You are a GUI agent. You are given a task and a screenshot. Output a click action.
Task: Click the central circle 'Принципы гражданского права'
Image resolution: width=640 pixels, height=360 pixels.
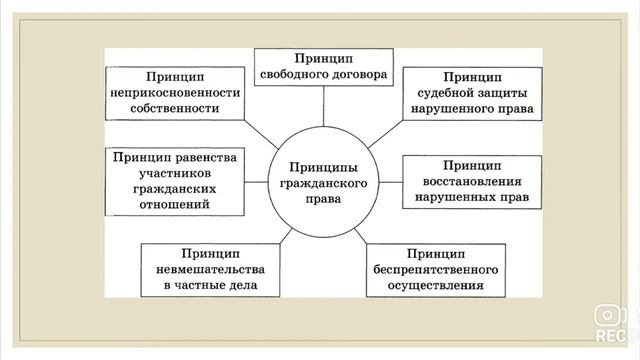(x=321, y=183)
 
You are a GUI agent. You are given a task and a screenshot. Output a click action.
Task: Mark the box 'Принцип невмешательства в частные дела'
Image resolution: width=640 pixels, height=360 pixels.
(x=209, y=268)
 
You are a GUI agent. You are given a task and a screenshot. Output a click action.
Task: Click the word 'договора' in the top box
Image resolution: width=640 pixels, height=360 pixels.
(x=362, y=74)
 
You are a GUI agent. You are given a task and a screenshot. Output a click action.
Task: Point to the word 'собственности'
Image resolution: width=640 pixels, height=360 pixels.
(x=176, y=108)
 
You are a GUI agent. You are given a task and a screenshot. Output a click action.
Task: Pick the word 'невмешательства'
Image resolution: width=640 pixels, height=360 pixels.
(x=209, y=268)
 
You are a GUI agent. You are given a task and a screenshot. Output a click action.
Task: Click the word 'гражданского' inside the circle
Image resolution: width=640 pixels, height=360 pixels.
(x=321, y=183)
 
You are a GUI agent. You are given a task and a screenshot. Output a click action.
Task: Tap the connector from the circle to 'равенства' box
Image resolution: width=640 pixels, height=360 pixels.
(x=257, y=181)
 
